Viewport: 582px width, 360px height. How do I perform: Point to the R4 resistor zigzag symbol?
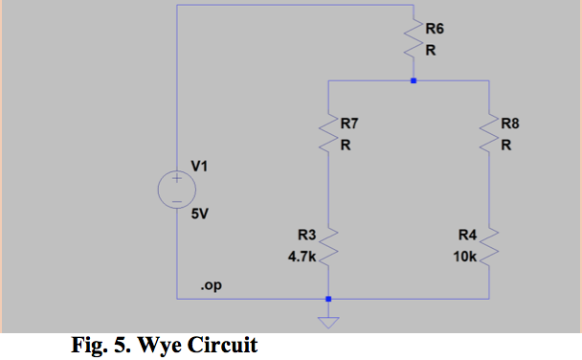pos(491,244)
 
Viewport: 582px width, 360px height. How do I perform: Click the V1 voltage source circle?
pos(178,189)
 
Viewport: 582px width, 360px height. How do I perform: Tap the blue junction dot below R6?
pos(414,81)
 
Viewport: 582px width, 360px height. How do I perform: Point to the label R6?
pos(435,31)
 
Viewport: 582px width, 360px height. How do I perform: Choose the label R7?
pos(349,124)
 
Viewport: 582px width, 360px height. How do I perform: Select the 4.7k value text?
pos(302,258)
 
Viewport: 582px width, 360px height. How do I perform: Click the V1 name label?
pos(199,167)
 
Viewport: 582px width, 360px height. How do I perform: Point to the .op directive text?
pos(209,286)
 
